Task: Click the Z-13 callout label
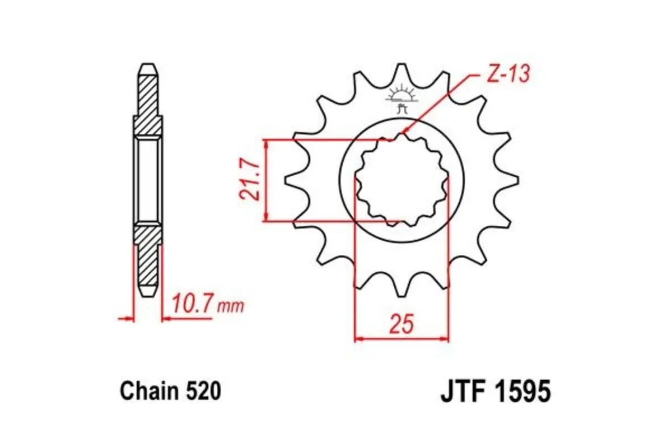507,74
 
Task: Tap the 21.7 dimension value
249,180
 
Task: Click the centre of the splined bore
402,180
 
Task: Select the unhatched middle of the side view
148,180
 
